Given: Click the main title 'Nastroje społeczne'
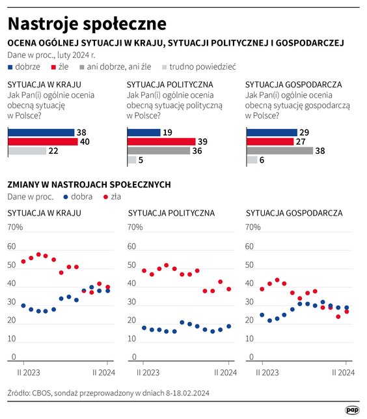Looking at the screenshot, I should [87, 24].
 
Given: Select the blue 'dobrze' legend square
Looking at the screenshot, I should [10, 66].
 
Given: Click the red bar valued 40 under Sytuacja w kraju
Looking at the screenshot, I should [42, 141].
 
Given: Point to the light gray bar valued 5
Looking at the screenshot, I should [132, 160].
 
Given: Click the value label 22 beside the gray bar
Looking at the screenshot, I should [54, 151].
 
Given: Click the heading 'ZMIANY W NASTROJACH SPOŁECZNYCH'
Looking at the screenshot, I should [88, 184].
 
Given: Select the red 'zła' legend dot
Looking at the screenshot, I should [105, 196].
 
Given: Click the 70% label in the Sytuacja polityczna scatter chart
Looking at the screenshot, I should [135, 227].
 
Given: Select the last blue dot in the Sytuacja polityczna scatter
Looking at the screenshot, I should [228, 326].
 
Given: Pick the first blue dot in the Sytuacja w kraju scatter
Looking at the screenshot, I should [23, 306].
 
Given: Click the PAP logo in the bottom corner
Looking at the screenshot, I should [351, 409].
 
